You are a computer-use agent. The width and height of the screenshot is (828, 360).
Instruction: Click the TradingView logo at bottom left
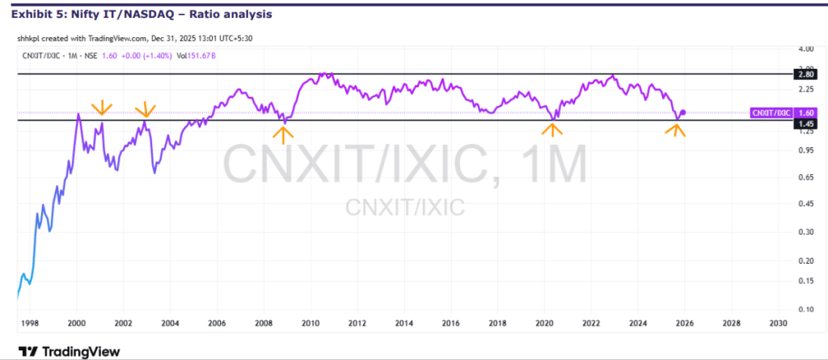tap(70, 351)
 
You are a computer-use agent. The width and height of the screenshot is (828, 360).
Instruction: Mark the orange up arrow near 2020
tap(552, 128)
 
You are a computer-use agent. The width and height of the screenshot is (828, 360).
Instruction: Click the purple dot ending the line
tap(684, 112)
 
